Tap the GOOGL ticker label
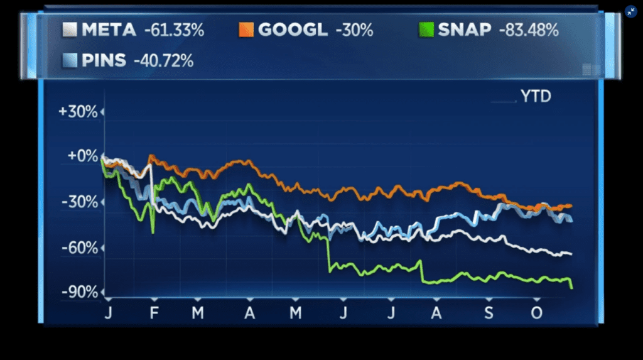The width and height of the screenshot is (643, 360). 292,30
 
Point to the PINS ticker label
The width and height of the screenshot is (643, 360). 104,61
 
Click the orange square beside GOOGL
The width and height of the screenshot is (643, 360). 246,30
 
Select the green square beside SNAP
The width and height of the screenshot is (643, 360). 427,30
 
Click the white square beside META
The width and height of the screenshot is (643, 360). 70,30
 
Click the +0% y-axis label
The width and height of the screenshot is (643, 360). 82,156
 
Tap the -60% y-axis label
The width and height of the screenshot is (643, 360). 81,248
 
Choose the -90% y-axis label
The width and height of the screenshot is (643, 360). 81,293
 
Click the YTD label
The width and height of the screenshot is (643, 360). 536,96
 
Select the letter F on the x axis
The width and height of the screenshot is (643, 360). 153,312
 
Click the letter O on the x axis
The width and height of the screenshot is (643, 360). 536,312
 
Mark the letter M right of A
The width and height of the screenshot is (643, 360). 296,312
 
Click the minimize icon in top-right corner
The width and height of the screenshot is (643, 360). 631,11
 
